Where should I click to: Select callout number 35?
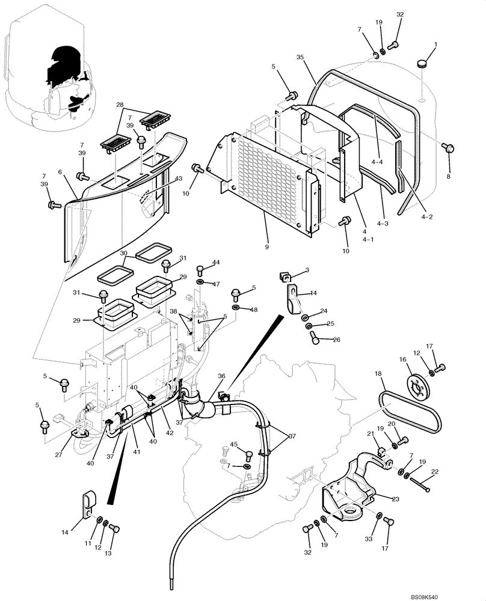(x=300, y=57)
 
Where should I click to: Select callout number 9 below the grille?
(x=265, y=247)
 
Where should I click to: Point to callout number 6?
(x=60, y=172)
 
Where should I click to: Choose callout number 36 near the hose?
(x=221, y=376)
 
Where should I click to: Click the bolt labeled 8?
(x=447, y=148)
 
